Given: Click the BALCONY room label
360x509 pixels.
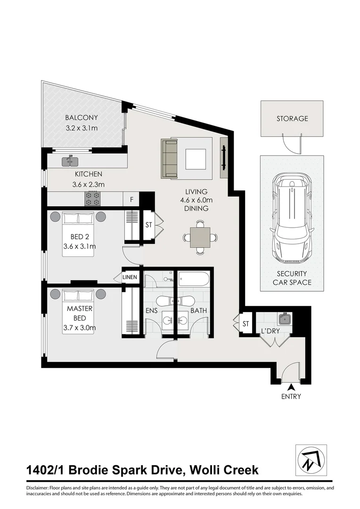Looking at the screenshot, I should [x=81, y=118].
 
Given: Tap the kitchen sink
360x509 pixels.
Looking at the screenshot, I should [x=72, y=162].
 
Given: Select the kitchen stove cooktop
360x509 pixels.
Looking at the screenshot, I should [x=92, y=199].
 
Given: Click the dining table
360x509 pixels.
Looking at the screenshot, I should [x=201, y=237].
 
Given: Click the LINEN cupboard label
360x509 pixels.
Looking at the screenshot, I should [x=130, y=277].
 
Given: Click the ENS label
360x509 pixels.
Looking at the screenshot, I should [x=152, y=311].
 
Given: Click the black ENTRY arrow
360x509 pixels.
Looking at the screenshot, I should [x=287, y=387].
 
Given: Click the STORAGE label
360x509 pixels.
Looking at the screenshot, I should [x=292, y=119].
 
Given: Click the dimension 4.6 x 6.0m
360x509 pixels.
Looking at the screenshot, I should [x=196, y=200].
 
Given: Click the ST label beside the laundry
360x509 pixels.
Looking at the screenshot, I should [x=245, y=324].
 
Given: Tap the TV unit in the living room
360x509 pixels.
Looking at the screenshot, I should [x=224, y=158].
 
